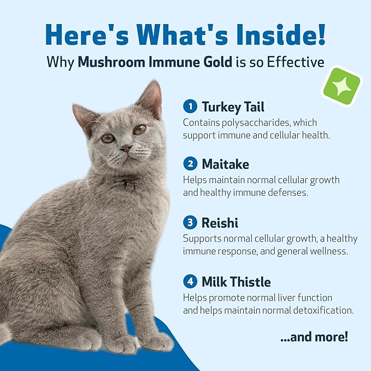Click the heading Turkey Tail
click(233, 106)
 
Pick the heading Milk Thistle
click(236, 282)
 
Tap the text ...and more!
click(314, 337)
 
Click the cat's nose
click(126, 147)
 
